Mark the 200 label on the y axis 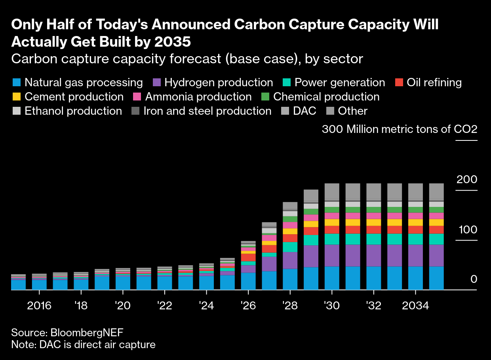[x=466, y=180]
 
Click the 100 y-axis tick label [x=466, y=230]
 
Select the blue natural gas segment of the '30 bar [x=332, y=278]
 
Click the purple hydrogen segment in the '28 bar [x=290, y=260]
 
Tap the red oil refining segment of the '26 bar [x=248, y=257]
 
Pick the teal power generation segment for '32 [x=373, y=239]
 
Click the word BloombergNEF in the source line [x=89, y=332]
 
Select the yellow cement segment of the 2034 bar [x=415, y=222]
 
